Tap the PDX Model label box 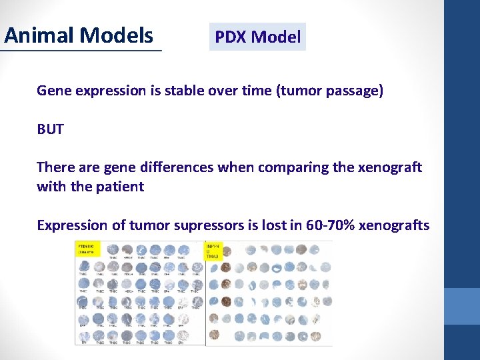pyautogui.click(x=257, y=37)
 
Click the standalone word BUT pyautogui.click(x=51, y=129)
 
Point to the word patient pyautogui.click(x=121, y=187)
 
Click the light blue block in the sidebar pyautogui.click(x=461, y=306)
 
